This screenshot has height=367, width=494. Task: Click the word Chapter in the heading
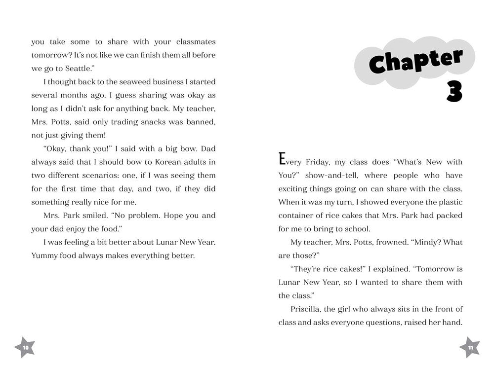pos(415,62)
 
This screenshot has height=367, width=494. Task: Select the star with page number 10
pos(25,347)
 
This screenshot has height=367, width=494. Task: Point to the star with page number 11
pos(470,347)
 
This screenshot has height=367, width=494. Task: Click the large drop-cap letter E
pos(282,159)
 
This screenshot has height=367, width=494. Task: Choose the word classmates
pos(191,41)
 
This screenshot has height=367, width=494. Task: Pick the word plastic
pos(449,202)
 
